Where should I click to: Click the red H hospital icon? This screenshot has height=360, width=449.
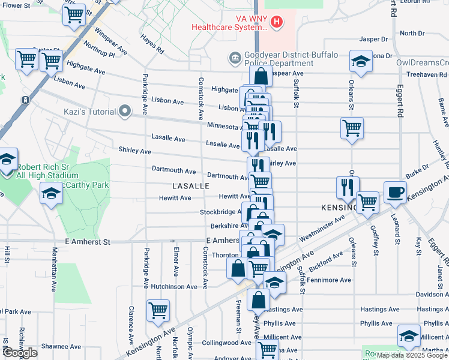(276, 23)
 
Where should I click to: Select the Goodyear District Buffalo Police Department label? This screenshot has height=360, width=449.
(277, 59)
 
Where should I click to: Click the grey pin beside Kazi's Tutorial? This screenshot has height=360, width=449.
(125, 111)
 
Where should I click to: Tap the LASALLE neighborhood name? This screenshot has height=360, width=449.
(191, 187)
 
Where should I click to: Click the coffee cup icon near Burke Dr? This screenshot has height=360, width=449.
(394, 191)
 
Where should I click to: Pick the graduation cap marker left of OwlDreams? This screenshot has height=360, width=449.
(360, 61)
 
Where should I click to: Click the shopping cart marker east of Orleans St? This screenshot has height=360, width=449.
(352, 127)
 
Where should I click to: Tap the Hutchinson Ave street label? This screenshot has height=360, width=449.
(174, 287)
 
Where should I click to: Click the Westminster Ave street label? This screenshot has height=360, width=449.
(322, 227)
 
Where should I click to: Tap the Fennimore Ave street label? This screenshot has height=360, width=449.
(329, 280)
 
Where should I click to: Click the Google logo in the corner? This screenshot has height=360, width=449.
(19, 353)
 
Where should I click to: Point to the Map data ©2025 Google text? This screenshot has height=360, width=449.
(412, 355)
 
